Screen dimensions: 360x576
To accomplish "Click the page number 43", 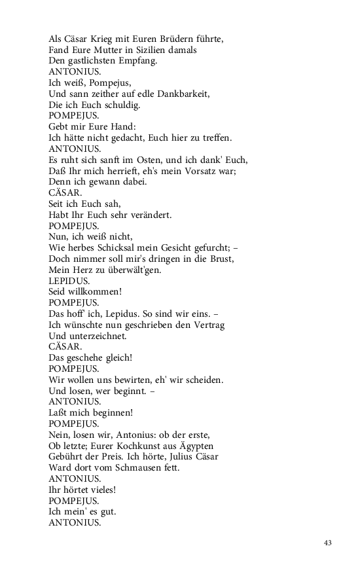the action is coord(328,543).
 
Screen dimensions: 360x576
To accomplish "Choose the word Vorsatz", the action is coord(192,171).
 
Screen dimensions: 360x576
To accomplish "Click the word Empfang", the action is coord(135,61).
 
